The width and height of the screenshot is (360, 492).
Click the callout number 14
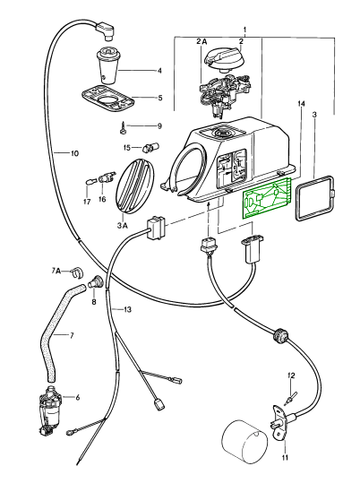point(302,103)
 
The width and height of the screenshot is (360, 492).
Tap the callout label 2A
point(201,41)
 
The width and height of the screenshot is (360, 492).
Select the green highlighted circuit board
point(266,199)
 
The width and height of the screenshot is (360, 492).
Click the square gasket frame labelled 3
point(314,199)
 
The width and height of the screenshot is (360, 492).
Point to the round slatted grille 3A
point(135,186)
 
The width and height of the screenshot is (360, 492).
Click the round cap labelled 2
point(223,60)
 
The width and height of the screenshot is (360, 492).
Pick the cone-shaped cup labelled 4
point(107,65)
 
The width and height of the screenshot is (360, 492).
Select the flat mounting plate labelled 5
point(108,99)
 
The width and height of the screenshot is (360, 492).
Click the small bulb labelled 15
point(151,147)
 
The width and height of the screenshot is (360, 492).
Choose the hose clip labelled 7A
point(76,272)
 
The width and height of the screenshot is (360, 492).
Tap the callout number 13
point(127,310)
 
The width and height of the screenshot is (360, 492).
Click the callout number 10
point(74,154)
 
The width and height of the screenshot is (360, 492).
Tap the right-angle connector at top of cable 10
point(105,30)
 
